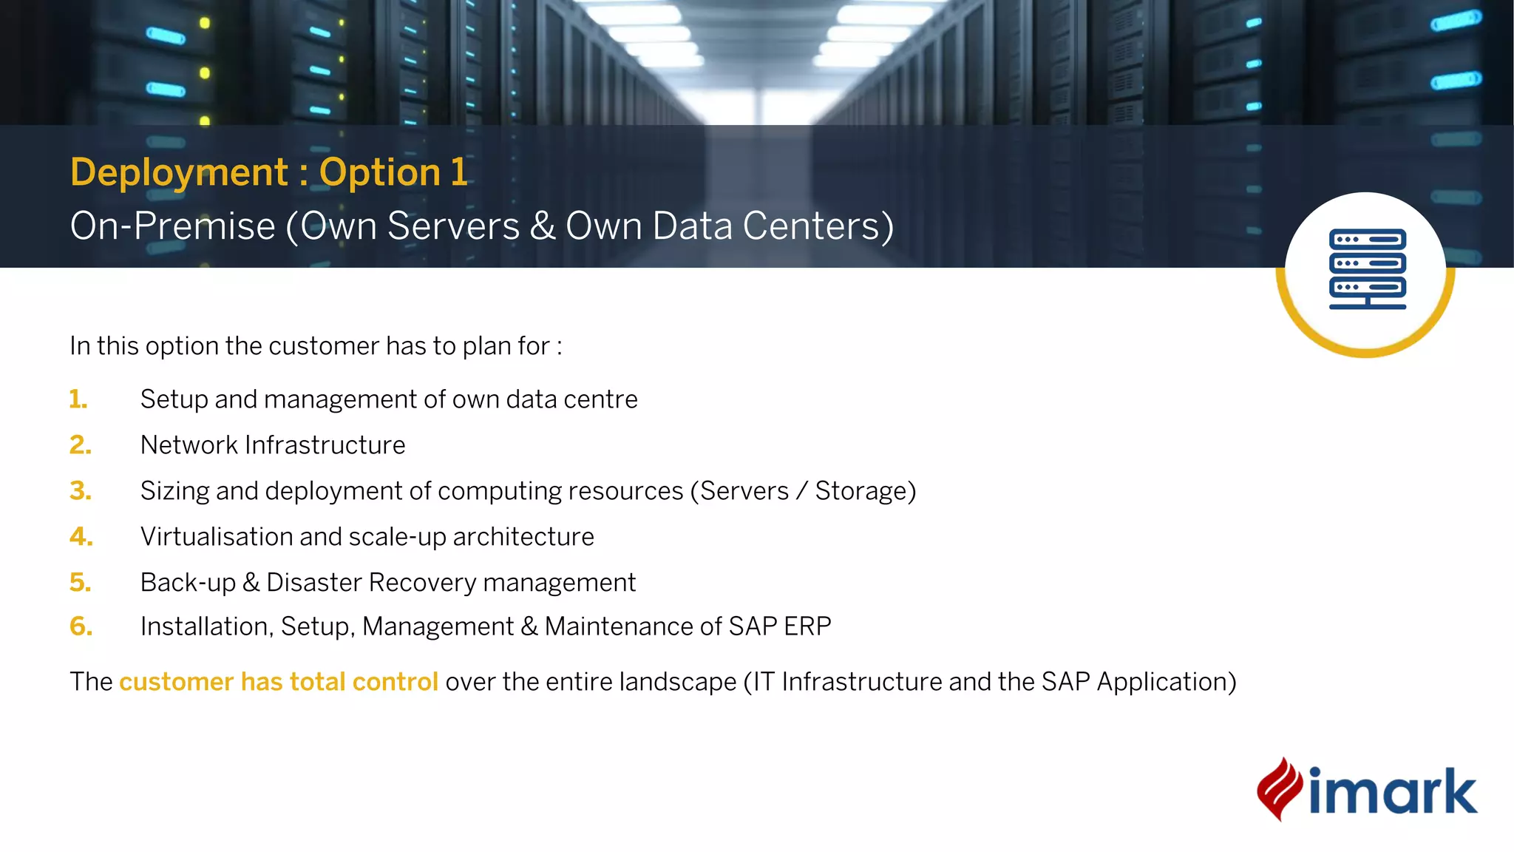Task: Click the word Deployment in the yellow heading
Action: tap(179, 172)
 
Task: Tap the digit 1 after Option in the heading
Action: tap(459, 172)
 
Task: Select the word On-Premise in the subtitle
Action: tap(172, 226)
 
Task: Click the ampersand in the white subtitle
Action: tap(542, 226)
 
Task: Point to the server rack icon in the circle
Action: tap(1367, 268)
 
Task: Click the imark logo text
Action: tap(1393, 792)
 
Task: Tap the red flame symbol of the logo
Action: tap(1279, 789)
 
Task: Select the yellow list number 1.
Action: tap(78, 399)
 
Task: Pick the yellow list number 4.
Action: tap(81, 537)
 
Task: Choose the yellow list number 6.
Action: tap(81, 627)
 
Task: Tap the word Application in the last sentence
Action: tap(1166, 682)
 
